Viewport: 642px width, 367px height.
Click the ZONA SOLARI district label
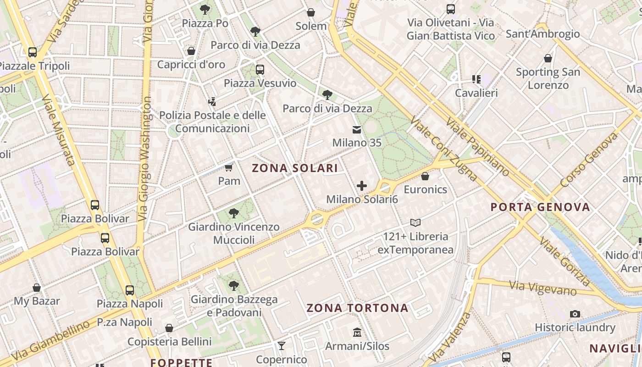[295, 168]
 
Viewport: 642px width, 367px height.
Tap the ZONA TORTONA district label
[357, 308]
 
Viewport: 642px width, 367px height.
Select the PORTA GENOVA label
[540, 207]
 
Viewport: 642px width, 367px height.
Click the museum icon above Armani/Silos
[357, 332]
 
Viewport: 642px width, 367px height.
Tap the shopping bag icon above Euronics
[425, 176]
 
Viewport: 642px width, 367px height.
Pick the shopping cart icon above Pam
[228, 167]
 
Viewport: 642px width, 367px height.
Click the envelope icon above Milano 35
[356, 130]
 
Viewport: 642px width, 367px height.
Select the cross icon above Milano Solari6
[362, 186]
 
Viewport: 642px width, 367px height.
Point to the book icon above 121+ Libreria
[415, 223]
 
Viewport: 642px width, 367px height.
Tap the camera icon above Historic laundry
[575, 314]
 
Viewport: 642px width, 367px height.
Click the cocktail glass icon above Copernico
[282, 345]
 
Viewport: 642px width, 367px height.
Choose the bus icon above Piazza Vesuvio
[260, 70]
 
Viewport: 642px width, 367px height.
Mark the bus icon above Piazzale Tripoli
[32, 52]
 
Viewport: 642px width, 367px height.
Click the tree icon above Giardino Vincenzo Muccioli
[233, 213]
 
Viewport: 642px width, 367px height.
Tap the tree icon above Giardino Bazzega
[234, 286]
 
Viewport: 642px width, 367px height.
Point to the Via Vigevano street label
[542, 288]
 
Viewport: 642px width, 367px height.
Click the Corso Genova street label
[589, 160]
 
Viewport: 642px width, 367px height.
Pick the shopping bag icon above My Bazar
[37, 288]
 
